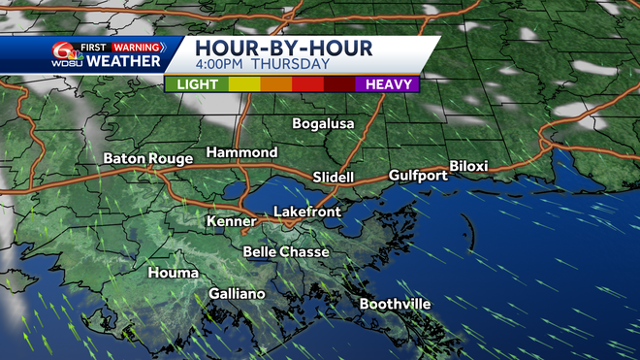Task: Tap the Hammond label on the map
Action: pyautogui.click(x=241, y=153)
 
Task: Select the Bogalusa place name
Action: pyautogui.click(x=324, y=124)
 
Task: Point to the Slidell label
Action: pyautogui.click(x=334, y=177)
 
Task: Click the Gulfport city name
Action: pyautogui.click(x=418, y=176)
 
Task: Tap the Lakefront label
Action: pyautogui.click(x=303, y=211)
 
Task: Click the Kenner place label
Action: pyautogui.click(x=231, y=222)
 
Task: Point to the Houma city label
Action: pyautogui.click(x=173, y=274)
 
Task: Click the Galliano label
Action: pyautogui.click(x=237, y=294)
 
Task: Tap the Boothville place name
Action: pyautogui.click(x=395, y=304)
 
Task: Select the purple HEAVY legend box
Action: pyautogui.click(x=388, y=84)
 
